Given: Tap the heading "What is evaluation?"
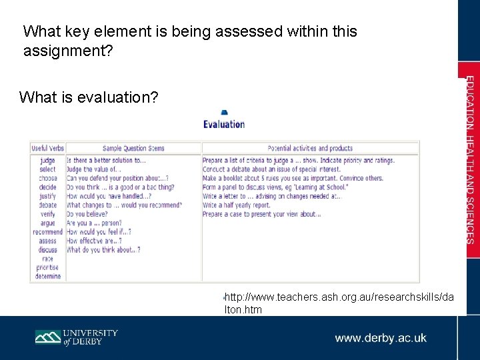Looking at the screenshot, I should (89, 97).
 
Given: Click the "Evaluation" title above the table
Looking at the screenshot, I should (224, 124).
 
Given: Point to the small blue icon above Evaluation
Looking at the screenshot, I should (225, 112).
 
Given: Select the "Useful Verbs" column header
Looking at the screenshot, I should (48, 148).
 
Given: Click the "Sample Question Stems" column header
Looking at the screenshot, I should (133, 148).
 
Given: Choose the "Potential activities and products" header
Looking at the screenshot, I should (310, 148).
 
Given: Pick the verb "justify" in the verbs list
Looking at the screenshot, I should (48, 197).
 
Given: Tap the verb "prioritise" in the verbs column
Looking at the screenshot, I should (47, 267).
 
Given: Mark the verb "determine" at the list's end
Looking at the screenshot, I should (47, 276).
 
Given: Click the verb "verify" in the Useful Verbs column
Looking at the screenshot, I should (48, 214).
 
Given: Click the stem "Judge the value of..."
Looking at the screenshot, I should (94, 169).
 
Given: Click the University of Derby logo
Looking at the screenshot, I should (76, 337).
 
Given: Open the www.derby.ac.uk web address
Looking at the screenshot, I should (381, 338).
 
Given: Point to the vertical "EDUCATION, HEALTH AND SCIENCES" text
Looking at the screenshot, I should (470, 160).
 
